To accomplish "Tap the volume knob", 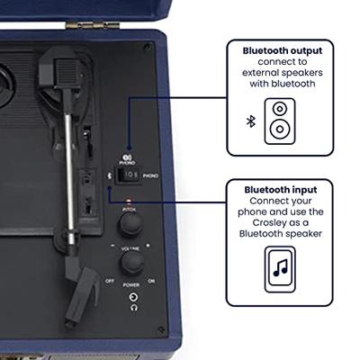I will (133, 261).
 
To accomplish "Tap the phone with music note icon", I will (279, 266).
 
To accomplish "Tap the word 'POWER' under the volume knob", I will (133, 284).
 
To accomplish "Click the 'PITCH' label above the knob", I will (129, 207).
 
